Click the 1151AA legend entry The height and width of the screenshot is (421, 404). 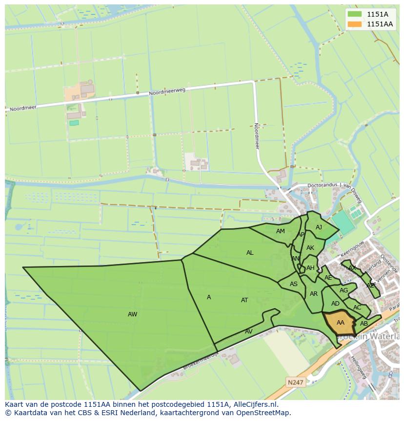[371, 24]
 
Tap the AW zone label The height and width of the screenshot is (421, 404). [132, 314]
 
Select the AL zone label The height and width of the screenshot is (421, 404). [250, 253]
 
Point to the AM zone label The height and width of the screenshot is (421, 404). [280, 231]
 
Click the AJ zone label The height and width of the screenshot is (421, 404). [319, 227]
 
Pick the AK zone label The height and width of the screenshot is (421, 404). [310, 248]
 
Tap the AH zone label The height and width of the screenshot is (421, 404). [310, 268]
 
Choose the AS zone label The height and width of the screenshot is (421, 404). [293, 284]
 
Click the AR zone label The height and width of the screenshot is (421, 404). [314, 294]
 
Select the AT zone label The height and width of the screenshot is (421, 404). [244, 300]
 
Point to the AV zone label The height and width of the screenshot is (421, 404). [248, 332]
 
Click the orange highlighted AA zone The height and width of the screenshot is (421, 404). [341, 322]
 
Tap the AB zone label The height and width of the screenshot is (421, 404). [364, 324]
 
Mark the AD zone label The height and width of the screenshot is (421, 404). [335, 304]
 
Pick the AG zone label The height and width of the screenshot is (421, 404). [343, 290]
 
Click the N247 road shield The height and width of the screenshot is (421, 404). [295, 383]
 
